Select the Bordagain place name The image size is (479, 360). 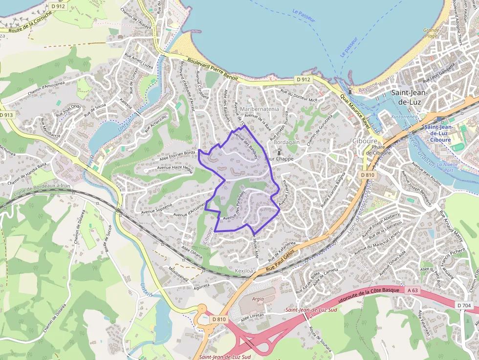(x=287, y=142)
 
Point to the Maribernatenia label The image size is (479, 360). (x=260, y=109)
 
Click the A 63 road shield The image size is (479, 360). (x=413, y=290)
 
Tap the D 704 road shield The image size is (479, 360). (x=464, y=305)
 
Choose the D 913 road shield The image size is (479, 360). (x=6, y=115)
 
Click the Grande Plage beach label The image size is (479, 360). (x=431, y=33)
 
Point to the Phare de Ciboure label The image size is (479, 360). (x=378, y=149)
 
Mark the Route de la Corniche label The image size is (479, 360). (x=25, y=28)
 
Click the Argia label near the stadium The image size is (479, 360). (x=258, y=298)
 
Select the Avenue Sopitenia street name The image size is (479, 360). (x=156, y=209)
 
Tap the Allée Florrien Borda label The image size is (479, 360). (x=177, y=155)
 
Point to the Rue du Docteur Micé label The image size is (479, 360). (x=299, y=96)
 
